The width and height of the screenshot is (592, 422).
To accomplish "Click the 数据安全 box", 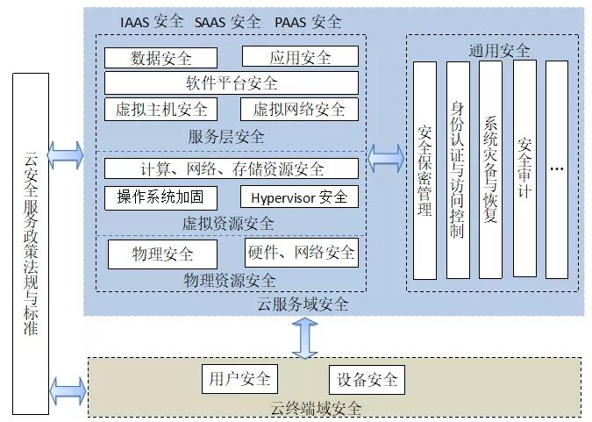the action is pyautogui.click(x=160, y=58).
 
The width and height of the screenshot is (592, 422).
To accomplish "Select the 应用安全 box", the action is pyautogui.click(x=300, y=57).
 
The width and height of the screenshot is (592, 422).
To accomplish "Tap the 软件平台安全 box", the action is pyautogui.click(x=232, y=82).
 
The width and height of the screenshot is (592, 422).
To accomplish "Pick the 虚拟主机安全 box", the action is pyautogui.click(x=160, y=110).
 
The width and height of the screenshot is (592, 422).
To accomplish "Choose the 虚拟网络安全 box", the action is pyautogui.click(x=299, y=110).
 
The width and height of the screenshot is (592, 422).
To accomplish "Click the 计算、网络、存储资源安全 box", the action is pyautogui.click(x=232, y=168).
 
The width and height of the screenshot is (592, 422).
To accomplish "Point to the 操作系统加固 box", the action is pyautogui.click(x=160, y=197).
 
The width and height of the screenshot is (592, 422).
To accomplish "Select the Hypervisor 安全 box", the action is pyautogui.click(x=299, y=197).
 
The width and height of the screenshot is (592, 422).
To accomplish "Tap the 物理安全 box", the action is pyautogui.click(x=163, y=254).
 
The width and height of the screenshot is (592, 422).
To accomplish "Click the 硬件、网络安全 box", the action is pyautogui.click(x=302, y=253).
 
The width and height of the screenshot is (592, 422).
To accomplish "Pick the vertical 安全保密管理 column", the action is pyautogui.click(x=424, y=171).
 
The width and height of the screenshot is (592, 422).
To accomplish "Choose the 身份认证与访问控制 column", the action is pyautogui.click(x=458, y=170).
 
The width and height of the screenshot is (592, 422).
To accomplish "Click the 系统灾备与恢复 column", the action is pyautogui.click(x=490, y=170).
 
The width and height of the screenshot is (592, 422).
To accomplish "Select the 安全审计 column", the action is pyautogui.click(x=524, y=168).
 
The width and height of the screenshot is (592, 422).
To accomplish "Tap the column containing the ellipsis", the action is pyautogui.click(x=557, y=170).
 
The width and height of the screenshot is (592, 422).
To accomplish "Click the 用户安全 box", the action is pyautogui.click(x=239, y=379).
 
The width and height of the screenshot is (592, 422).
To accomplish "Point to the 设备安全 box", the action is pyautogui.click(x=367, y=380).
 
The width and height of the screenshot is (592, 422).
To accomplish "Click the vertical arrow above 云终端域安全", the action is pyautogui.click(x=305, y=338).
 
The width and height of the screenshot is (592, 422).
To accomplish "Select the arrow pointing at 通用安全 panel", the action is pyautogui.click(x=386, y=159).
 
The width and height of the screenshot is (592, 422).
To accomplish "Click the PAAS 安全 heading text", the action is pyautogui.click(x=308, y=22).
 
